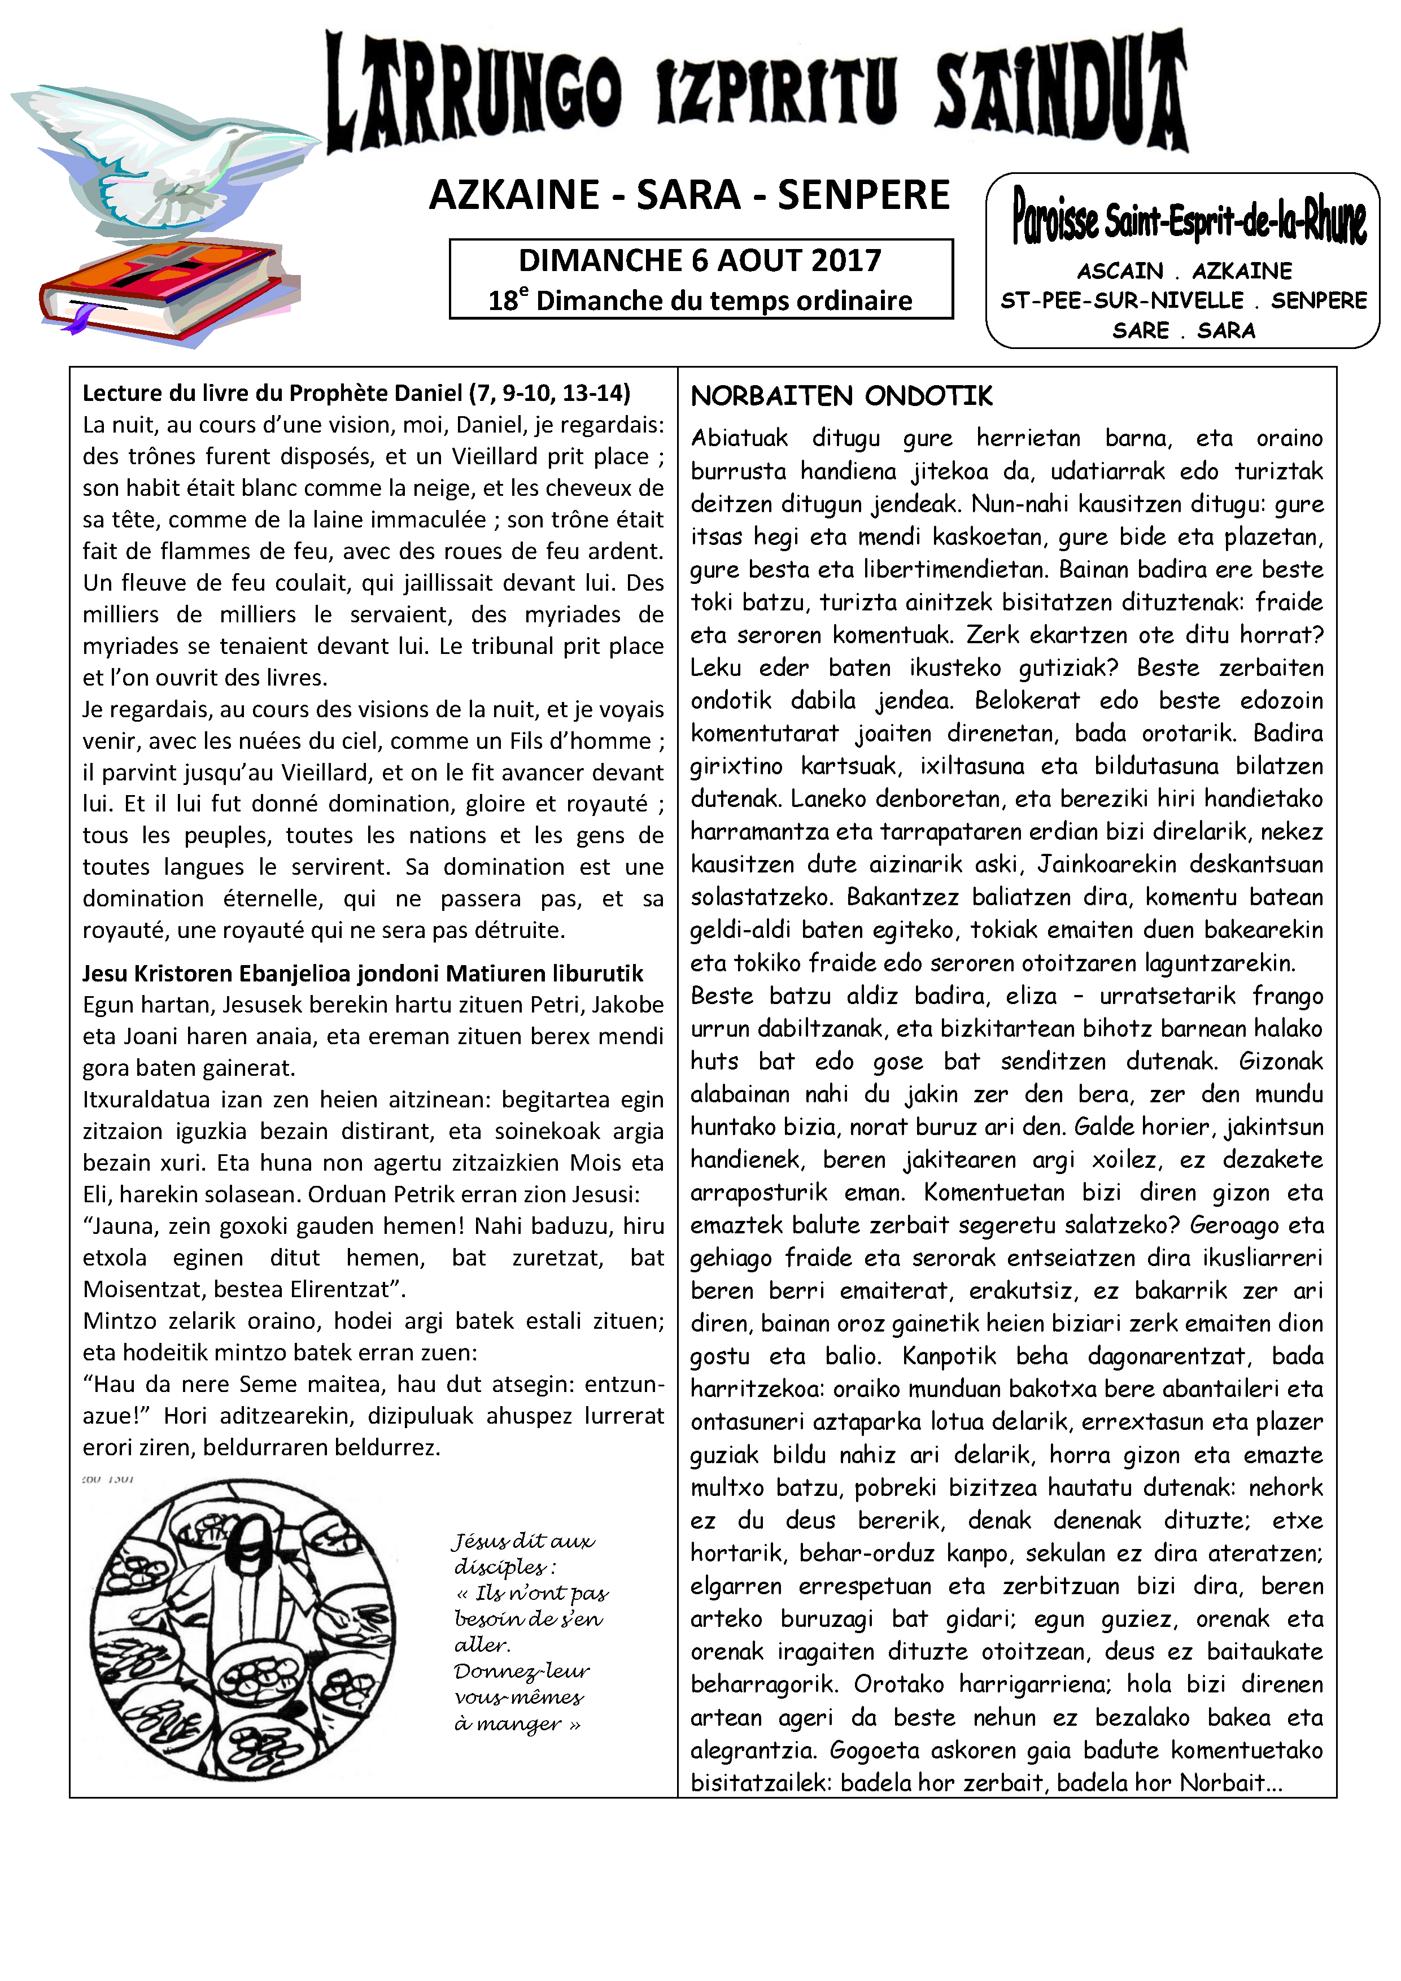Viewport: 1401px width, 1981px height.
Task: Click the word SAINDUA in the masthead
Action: pyautogui.click(x=1061, y=95)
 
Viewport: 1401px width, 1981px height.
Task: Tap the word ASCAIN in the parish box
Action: pyautogui.click(x=1120, y=271)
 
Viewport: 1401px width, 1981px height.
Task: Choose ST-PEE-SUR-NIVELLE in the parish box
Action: pyautogui.click(x=1121, y=300)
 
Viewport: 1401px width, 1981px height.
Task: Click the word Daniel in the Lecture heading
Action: pyautogui.click(x=429, y=394)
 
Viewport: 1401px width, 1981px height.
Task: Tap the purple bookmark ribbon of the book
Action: pyautogui.click(x=80, y=321)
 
